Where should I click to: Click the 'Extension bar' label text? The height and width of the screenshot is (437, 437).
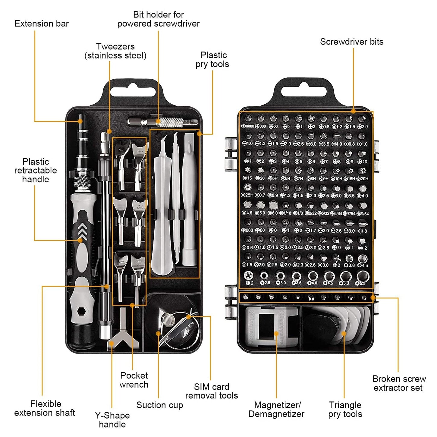[x=42, y=24]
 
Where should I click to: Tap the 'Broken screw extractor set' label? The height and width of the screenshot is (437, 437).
[x=399, y=383]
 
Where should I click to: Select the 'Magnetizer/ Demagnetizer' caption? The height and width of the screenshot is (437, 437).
[x=276, y=409]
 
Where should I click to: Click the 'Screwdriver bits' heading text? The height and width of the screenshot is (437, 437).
[x=351, y=42]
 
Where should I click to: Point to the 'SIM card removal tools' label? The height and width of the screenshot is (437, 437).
[x=212, y=391]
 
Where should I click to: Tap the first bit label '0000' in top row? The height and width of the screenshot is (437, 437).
[x=248, y=126]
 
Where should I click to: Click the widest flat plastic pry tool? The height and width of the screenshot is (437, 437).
[x=162, y=217]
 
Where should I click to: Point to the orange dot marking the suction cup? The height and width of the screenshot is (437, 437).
[x=158, y=333]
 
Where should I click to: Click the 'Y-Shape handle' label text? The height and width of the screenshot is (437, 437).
[x=112, y=420]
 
